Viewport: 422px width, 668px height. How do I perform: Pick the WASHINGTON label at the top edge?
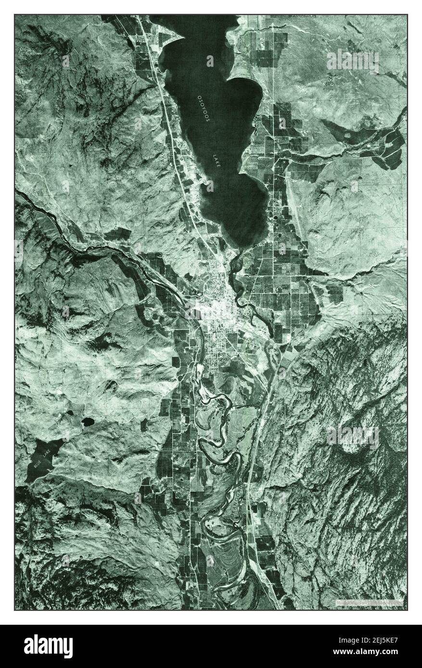pyautogui.click(x=302, y=16)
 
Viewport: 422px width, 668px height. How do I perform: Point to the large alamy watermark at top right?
pyautogui.click(x=352, y=61)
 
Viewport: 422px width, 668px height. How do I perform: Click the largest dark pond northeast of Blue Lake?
pyautogui.click(x=88, y=421)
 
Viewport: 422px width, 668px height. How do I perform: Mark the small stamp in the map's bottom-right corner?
pyautogui.click(x=368, y=602)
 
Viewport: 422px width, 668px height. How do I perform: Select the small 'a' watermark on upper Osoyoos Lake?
pyautogui.click(x=210, y=61)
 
